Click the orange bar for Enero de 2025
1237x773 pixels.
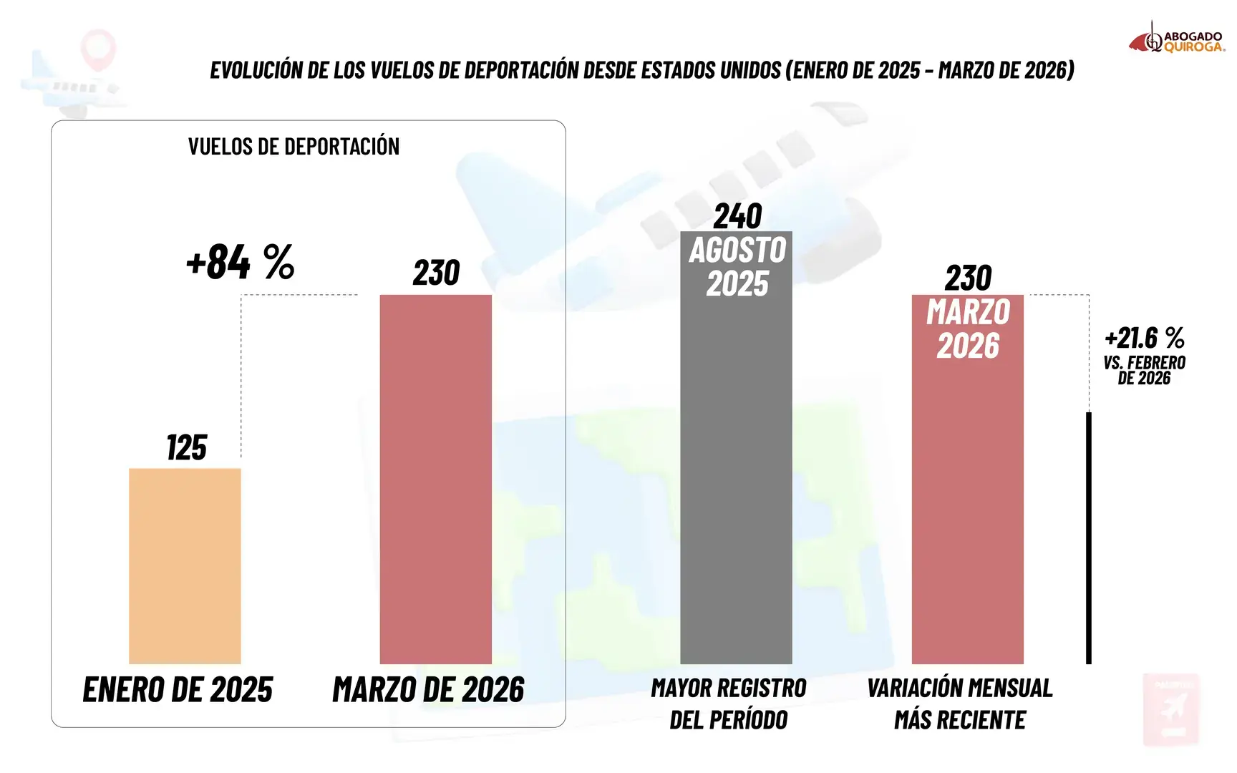(x=185, y=566)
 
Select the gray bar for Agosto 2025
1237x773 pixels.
(x=736, y=447)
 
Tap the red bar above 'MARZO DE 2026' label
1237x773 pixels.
(x=436, y=480)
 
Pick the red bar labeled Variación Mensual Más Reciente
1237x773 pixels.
(x=968, y=480)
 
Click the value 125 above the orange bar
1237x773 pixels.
(x=187, y=448)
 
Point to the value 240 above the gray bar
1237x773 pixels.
(x=737, y=216)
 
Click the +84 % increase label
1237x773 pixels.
(x=241, y=261)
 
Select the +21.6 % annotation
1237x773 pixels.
(x=1145, y=337)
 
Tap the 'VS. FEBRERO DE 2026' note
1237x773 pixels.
(x=1145, y=370)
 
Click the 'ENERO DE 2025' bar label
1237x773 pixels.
(x=178, y=690)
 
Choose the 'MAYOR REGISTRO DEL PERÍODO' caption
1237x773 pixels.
(x=729, y=704)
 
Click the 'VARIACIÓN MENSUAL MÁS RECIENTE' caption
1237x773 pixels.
(x=960, y=704)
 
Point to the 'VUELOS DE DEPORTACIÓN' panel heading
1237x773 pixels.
(x=294, y=147)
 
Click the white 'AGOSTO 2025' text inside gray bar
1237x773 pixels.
(x=737, y=267)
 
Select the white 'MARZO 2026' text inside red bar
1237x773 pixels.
(x=968, y=329)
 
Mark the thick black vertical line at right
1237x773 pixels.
(x=1089, y=538)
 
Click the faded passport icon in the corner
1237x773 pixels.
(x=1170, y=709)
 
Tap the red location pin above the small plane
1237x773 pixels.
(x=98, y=49)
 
